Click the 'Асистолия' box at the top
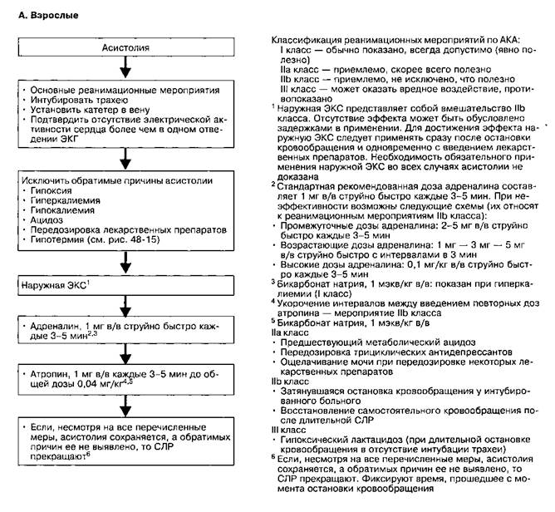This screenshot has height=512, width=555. tap(125, 48)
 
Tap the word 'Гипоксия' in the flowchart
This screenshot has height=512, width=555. tap(51, 190)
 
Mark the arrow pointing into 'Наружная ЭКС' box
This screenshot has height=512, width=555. tap(125, 263)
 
